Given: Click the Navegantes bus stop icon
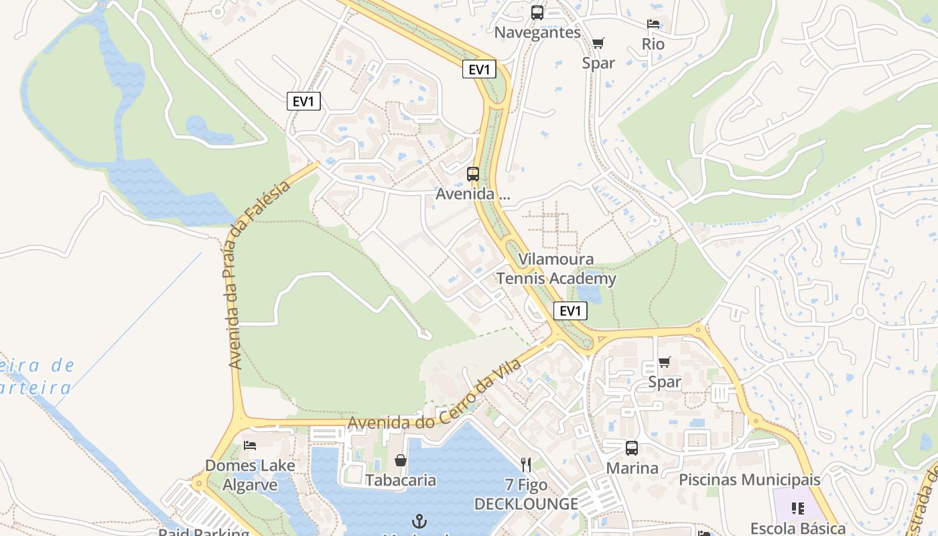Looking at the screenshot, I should pyautogui.click(x=537, y=13).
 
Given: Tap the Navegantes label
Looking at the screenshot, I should pyautogui.click(x=537, y=32).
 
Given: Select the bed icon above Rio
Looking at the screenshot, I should pyautogui.click(x=653, y=25).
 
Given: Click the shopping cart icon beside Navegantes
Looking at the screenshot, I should pyautogui.click(x=598, y=44).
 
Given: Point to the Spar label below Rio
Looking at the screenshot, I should pyautogui.click(x=598, y=63).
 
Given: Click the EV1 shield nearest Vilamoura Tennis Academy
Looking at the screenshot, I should pyautogui.click(x=570, y=311).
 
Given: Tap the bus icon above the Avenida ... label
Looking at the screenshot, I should pyautogui.click(x=473, y=174).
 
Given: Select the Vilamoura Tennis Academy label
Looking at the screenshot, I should pyautogui.click(x=556, y=269).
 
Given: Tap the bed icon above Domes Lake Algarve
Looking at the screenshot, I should pyautogui.click(x=250, y=445).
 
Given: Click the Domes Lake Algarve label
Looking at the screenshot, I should pyautogui.click(x=249, y=475).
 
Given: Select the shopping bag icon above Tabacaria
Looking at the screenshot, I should pyautogui.click(x=401, y=460).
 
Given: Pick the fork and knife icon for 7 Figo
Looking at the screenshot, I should pyautogui.click(x=526, y=464).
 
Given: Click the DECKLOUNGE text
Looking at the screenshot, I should pyautogui.click(x=526, y=504).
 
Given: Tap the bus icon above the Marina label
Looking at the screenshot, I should pyautogui.click(x=632, y=448).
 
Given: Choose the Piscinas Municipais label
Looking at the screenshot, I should pyautogui.click(x=749, y=480).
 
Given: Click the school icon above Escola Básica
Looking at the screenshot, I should pyautogui.click(x=797, y=509).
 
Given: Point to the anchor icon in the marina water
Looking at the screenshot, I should pyautogui.click(x=419, y=521).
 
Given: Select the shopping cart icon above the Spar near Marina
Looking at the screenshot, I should pyautogui.click(x=664, y=362).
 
